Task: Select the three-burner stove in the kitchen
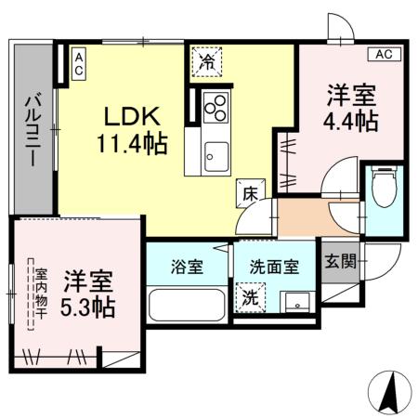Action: (x=216, y=108)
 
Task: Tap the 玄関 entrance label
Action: (x=337, y=261)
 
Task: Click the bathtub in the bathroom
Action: (x=186, y=304)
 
